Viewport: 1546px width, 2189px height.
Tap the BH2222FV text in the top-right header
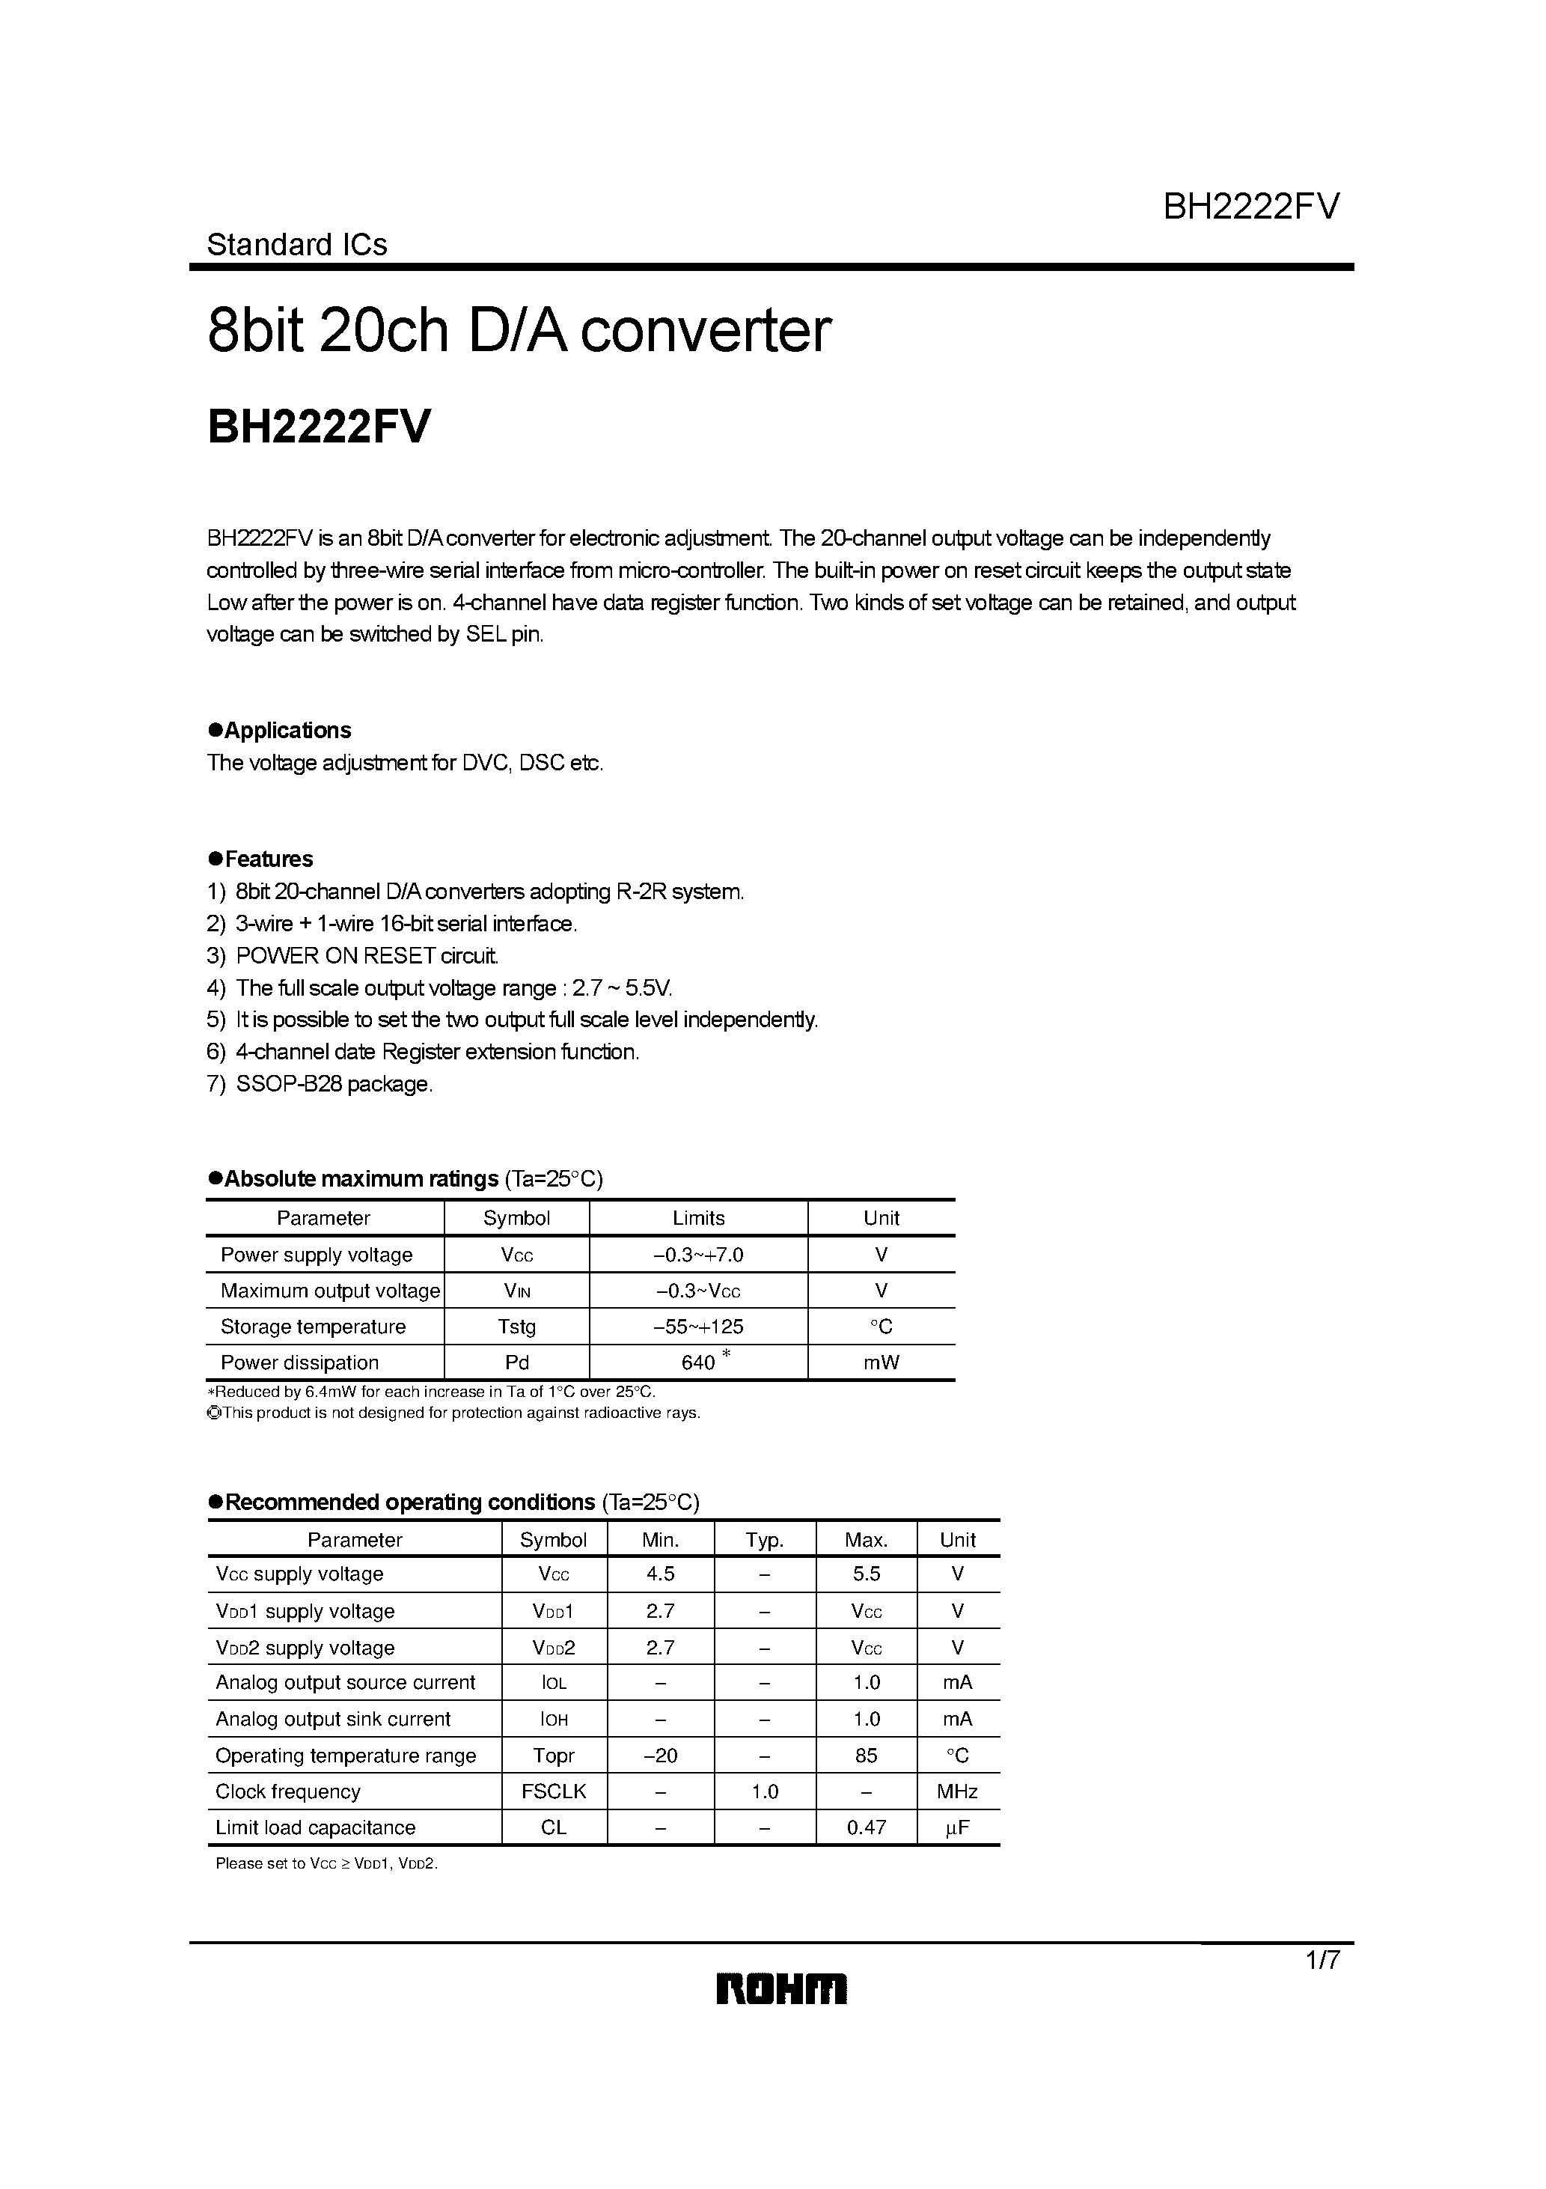tap(1250, 206)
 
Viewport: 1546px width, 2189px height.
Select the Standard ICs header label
tap(296, 245)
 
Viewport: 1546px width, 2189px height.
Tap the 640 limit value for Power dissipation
tap(699, 1363)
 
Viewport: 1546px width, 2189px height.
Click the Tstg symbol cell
tap(516, 1326)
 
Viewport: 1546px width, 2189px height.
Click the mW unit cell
tap(881, 1363)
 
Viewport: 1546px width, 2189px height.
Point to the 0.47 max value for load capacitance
tap(866, 1827)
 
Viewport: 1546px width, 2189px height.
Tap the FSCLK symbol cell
tap(553, 1791)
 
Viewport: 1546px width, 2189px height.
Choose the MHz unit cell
tap(957, 1791)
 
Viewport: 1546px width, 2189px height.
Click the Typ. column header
tap(765, 1540)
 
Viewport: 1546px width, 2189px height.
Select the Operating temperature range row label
tap(345, 1756)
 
